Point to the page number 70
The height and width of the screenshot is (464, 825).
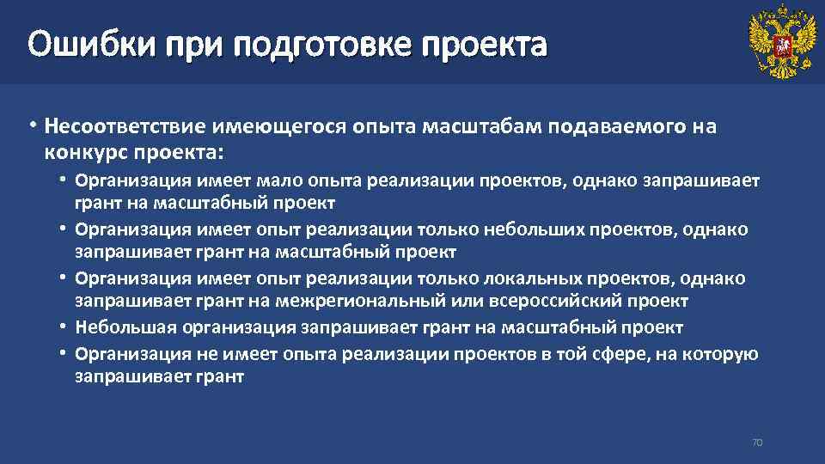point(757,443)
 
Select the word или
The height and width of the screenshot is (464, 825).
point(465,302)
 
